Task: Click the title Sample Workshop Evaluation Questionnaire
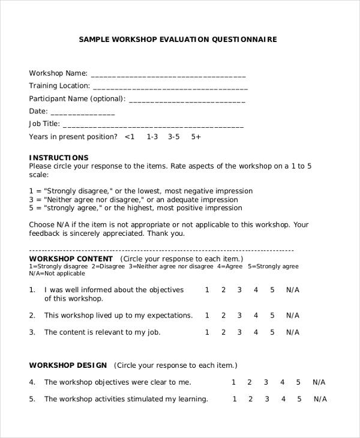[178, 40]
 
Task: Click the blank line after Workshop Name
[168, 76]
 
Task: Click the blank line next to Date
[82, 113]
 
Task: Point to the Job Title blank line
[153, 126]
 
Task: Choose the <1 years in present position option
[130, 137]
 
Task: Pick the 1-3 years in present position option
[152, 137]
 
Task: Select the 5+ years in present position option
[196, 137]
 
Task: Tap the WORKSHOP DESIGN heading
[68, 365]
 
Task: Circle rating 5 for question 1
[272, 290]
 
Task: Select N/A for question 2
[292, 315]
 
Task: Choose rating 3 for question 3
[239, 332]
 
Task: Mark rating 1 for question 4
[234, 382]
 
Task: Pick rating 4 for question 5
[282, 399]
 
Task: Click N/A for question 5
[320, 399]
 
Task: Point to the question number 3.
[32, 332]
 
